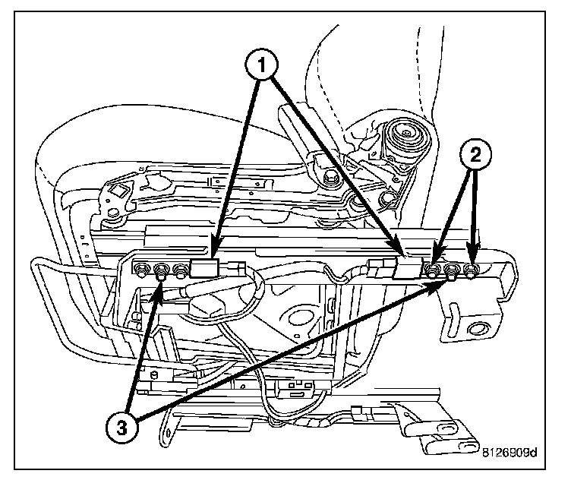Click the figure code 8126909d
coord(509,455)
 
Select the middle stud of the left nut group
coord(161,270)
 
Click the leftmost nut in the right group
coord(433,270)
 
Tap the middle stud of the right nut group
coord(451,272)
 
